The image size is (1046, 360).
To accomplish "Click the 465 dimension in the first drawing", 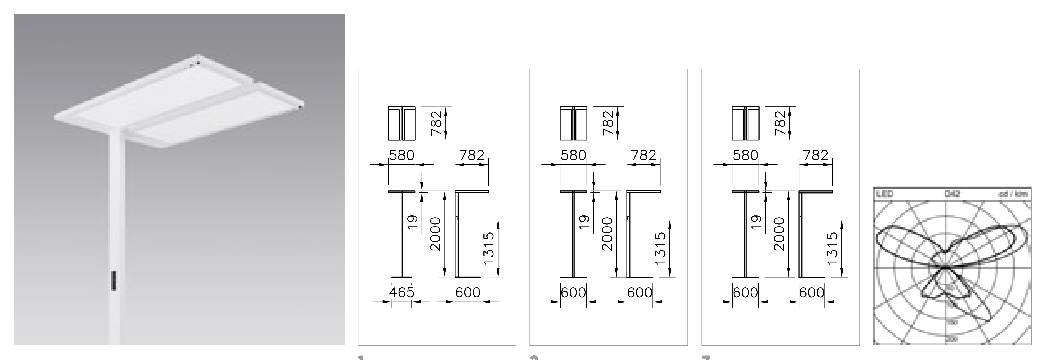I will [x=402, y=292].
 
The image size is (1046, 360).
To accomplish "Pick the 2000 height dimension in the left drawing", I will [x=435, y=234].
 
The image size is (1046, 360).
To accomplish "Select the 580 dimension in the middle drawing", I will [x=573, y=156].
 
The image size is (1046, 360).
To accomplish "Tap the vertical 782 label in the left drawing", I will [x=436, y=123].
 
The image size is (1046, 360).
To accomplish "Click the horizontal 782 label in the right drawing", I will [x=816, y=156].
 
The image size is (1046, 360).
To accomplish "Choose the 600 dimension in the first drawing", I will [x=468, y=292].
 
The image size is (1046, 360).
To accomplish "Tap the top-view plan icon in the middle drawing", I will [x=573, y=123].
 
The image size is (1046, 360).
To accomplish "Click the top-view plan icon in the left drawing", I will [x=402, y=123].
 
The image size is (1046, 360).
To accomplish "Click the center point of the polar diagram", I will [x=946, y=268].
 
